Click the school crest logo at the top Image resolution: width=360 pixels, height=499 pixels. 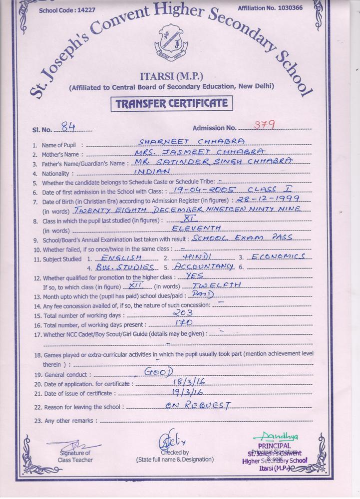[x=172, y=43]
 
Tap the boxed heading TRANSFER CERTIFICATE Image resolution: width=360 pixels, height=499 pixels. [x=172, y=104]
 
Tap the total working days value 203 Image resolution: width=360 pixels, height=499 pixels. [x=182, y=313]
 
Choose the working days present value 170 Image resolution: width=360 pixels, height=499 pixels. [x=182, y=323]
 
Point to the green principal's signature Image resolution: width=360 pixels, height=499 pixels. [x=274, y=437]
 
